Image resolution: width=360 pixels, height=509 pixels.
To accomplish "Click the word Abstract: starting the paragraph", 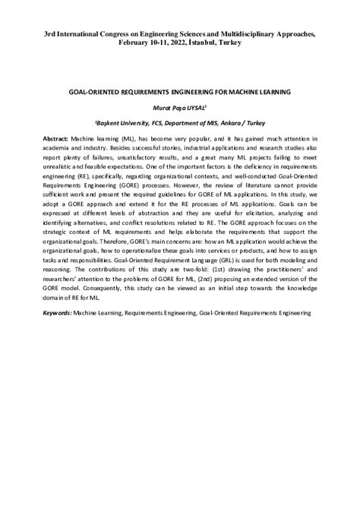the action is pos(57,141).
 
